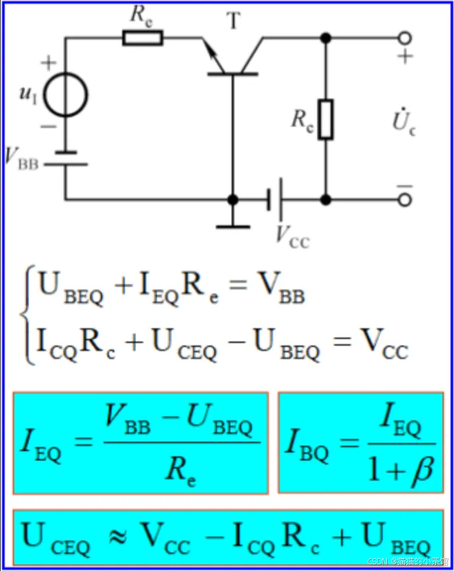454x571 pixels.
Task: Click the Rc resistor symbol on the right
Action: [x=325, y=120]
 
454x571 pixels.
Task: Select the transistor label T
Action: [x=234, y=21]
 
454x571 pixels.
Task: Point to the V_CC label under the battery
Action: [x=292, y=235]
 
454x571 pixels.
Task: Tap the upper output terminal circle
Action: [x=404, y=38]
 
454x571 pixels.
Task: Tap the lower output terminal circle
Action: [x=404, y=199]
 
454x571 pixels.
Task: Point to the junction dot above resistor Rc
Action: [x=325, y=38]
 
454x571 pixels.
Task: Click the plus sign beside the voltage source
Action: [x=48, y=64]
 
